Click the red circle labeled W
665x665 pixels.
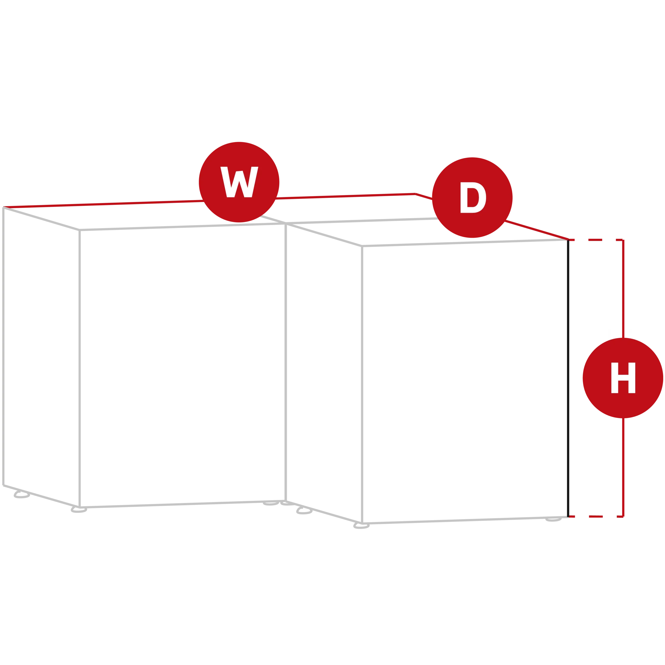(x=239, y=182)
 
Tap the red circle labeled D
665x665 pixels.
(x=472, y=198)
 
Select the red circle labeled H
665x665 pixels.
(x=623, y=378)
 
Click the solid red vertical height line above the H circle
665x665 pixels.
(x=623, y=289)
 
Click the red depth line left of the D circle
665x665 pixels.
(x=424, y=197)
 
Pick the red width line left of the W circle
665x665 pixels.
(x=103, y=204)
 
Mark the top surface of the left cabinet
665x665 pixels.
(x=145, y=216)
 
